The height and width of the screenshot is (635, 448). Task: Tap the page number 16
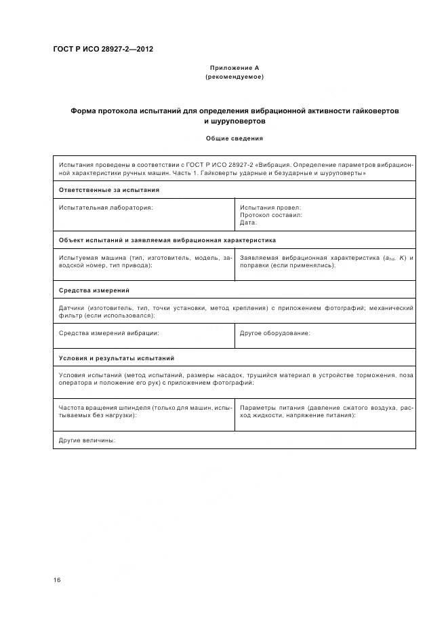[x=57, y=580]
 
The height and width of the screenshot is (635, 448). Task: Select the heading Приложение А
[x=235, y=68]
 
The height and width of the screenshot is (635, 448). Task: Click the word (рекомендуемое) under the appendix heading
[x=235, y=77]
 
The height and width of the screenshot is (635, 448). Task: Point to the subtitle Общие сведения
[x=235, y=138]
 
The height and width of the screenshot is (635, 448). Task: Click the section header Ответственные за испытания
[x=109, y=190]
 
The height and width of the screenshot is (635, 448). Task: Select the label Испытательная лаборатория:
[x=106, y=207]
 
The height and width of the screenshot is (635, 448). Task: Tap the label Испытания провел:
[x=270, y=207]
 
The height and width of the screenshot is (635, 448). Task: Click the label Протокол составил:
[x=271, y=214]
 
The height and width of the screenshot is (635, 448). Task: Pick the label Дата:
[x=249, y=222]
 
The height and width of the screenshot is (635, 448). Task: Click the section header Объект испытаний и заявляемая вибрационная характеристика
[x=167, y=240]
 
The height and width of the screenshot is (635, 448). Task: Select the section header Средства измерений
[x=94, y=290]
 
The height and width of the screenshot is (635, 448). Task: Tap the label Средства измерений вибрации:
[x=109, y=333]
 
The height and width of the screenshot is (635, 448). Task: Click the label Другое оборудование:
[x=275, y=333]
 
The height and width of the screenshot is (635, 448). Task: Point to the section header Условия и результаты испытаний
[x=117, y=358]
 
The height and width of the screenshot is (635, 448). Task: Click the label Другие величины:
[x=87, y=440]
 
